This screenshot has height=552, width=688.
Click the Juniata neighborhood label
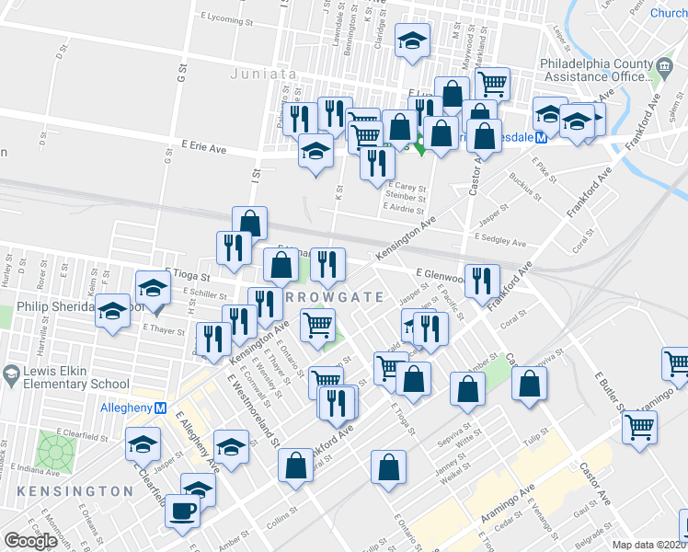pos(263,74)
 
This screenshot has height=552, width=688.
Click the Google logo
pos(30,541)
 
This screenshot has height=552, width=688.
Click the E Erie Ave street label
pos(204,146)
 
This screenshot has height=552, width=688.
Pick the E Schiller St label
pos(204,293)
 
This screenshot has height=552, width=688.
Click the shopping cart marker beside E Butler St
pos(639,426)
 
